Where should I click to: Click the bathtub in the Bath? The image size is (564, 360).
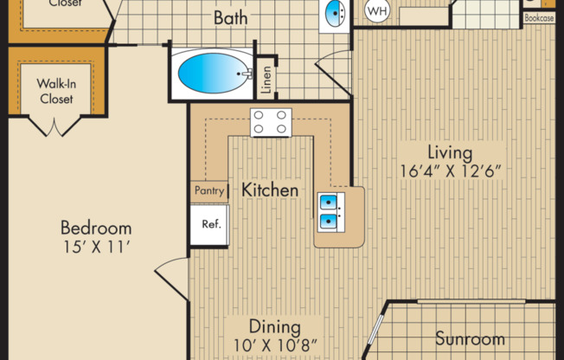pos(213,75)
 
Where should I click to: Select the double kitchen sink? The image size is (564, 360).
pos(330,213)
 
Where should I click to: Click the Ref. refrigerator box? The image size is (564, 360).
pos(210,223)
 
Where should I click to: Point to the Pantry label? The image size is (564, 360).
pos(210,190)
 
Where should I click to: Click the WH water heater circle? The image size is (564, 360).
pos(376,11)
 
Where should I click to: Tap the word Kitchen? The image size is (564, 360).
pos(270,190)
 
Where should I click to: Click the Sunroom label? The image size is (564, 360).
pos(470,337)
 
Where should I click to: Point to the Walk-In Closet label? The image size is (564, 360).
pos(54,91)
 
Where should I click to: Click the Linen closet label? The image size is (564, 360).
pos(267,78)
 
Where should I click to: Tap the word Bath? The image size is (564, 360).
pos(231,16)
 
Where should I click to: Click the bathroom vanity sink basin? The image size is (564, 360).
pos(334,12)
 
